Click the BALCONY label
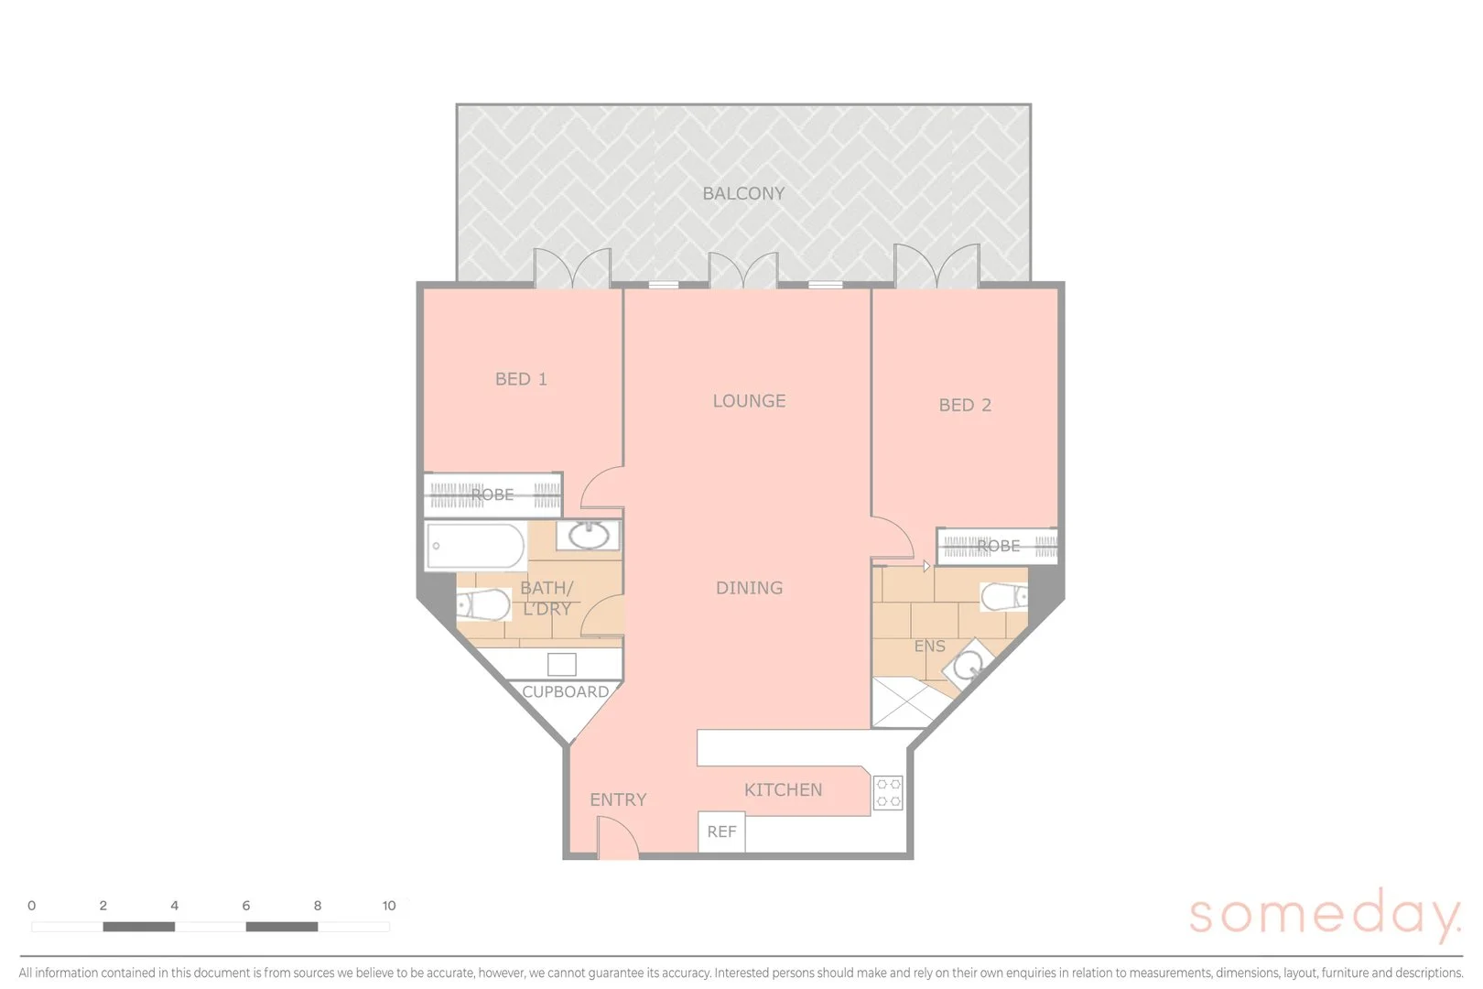pyautogui.click(x=743, y=194)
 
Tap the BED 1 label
pyautogui.click(x=521, y=379)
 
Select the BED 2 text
pyautogui.click(x=965, y=406)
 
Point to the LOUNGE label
pyautogui.click(x=749, y=401)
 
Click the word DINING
pyautogui.click(x=749, y=588)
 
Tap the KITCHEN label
pyautogui.click(x=783, y=790)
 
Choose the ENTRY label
pyautogui.click(x=618, y=800)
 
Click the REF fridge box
pyautogui.click(x=721, y=831)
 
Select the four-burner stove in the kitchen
pyautogui.click(x=888, y=792)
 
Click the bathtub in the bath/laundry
pyautogui.click(x=475, y=546)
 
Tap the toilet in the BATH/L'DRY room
pyautogui.click(x=484, y=605)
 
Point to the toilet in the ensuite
pyautogui.click(x=1004, y=597)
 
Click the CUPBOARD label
pyautogui.click(x=565, y=692)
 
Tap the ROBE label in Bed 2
pyautogui.click(x=998, y=547)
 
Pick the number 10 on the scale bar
pyautogui.click(x=389, y=906)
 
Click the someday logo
pyautogui.click(x=1324, y=914)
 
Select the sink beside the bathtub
pyautogui.click(x=588, y=535)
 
